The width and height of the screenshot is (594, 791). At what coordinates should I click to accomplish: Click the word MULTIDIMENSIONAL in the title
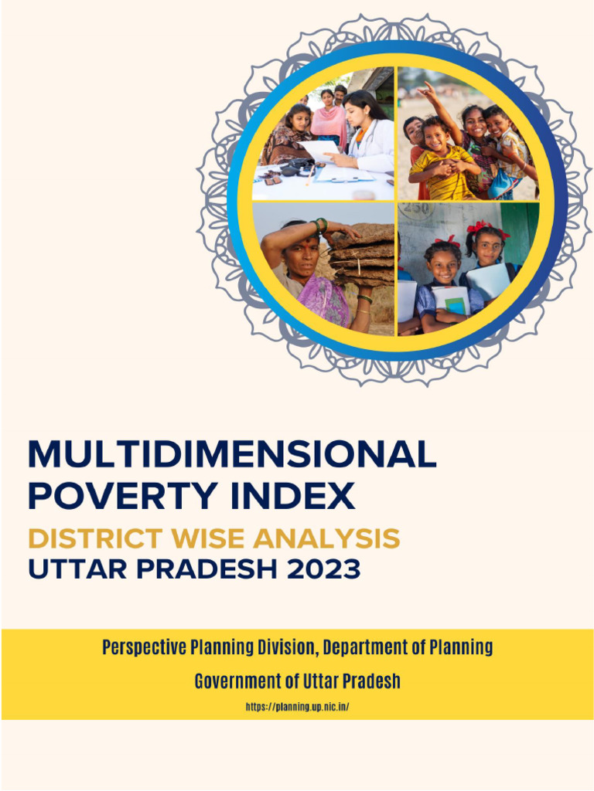(x=232, y=456)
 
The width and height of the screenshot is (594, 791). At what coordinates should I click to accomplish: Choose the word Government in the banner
(x=230, y=682)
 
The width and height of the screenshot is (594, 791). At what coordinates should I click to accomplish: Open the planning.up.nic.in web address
(x=298, y=707)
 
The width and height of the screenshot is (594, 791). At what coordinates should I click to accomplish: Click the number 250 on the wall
(x=417, y=211)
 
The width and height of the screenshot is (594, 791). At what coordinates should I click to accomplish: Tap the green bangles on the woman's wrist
(x=320, y=226)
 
